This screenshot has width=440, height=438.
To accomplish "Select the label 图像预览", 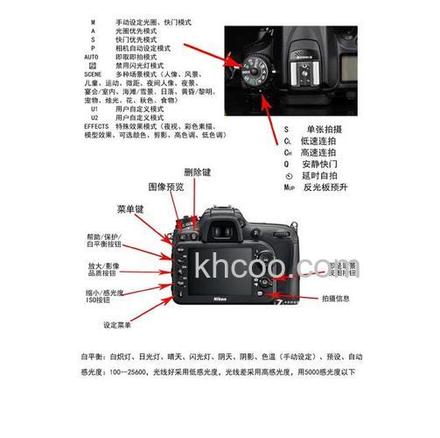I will pyautogui.click(x=165, y=187).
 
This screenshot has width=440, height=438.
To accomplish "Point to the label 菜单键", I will pyautogui.click(x=129, y=210).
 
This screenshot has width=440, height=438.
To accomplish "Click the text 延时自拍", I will pyautogui.click(x=322, y=174).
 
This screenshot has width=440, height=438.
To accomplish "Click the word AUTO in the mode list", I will pyautogui.click(x=91, y=55).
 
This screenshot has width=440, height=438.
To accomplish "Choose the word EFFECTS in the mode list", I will pyautogui.click(x=96, y=126).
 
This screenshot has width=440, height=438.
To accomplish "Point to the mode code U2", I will pyautogui.click(x=94, y=117).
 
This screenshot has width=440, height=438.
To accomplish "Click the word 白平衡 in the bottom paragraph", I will pyautogui.click(x=91, y=357).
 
